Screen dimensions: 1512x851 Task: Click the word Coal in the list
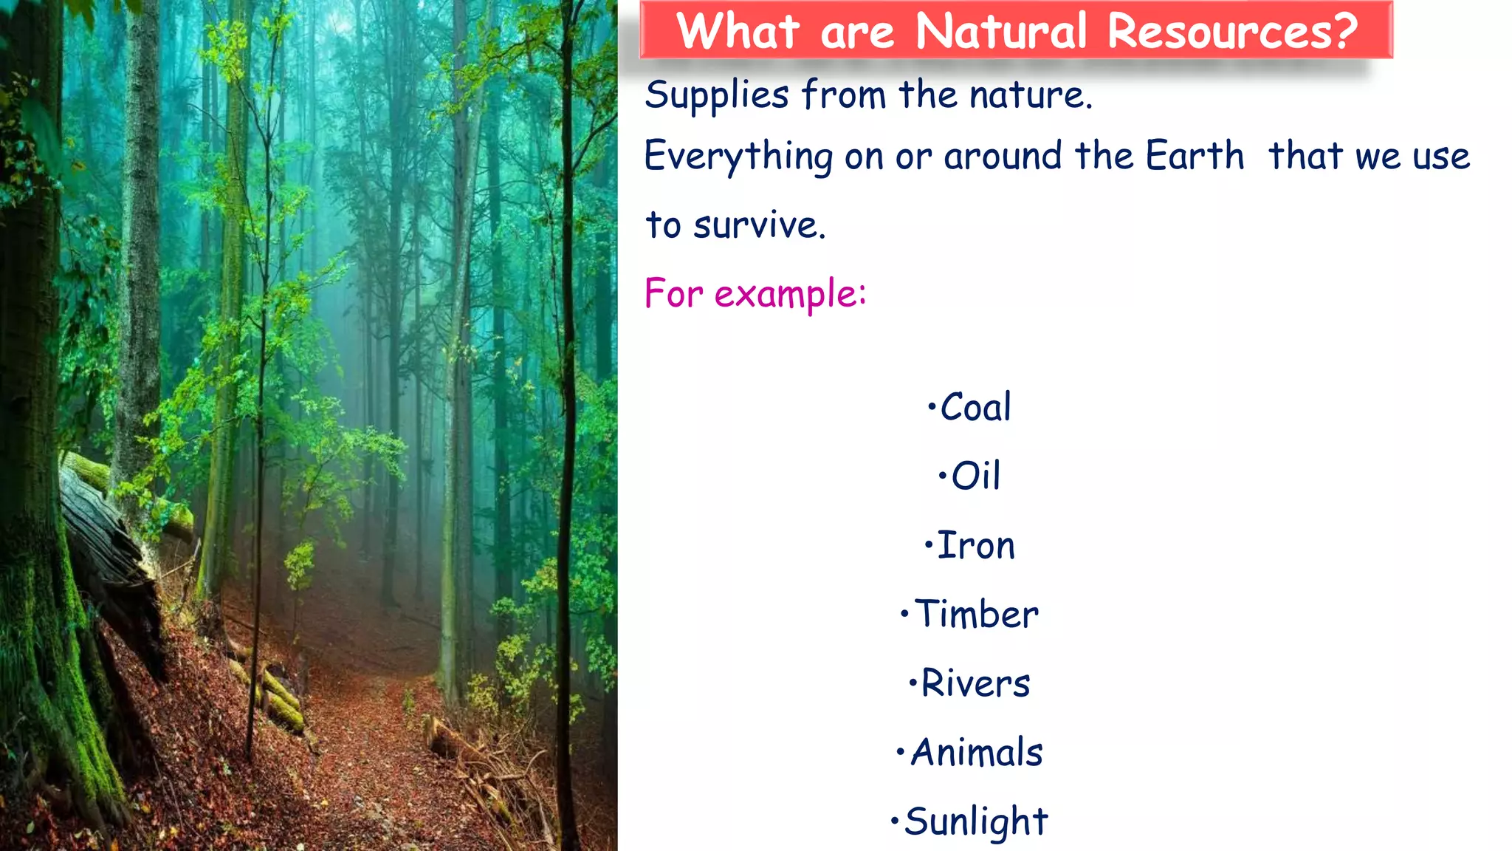(975, 407)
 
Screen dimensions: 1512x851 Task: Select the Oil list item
(975, 475)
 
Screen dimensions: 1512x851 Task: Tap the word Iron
(975, 545)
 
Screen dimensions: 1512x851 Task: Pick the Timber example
(976, 614)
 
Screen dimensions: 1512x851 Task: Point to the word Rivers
(975, 683)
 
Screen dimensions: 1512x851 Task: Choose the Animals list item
(976, 752)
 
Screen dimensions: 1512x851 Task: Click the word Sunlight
(976, 822)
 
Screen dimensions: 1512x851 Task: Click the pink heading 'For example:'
(755, 294)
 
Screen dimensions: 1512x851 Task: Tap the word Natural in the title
(1001, 31)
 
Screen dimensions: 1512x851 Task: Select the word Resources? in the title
(1233, 31)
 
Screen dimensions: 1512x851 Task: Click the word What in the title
(738, 31)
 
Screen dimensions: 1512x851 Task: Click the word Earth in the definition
(1195, 155)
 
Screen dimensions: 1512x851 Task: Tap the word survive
(758, 225)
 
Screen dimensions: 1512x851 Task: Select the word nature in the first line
(1030, 96)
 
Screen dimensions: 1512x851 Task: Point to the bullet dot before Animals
(901, 752)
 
